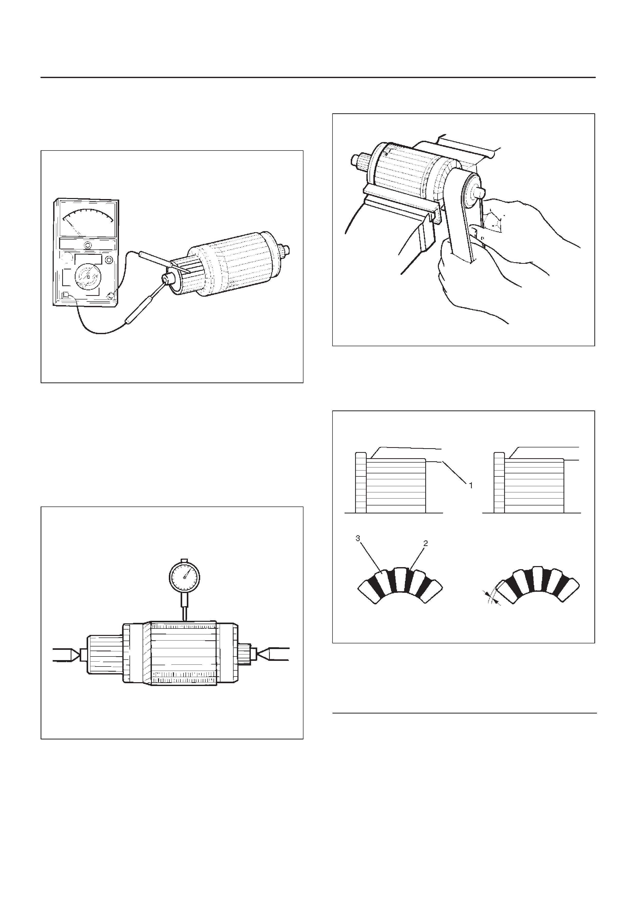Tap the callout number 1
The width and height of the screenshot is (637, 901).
470,485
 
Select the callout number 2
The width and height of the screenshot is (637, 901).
426,543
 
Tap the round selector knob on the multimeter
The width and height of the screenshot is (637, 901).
88,277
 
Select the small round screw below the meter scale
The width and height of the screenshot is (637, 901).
88,245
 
